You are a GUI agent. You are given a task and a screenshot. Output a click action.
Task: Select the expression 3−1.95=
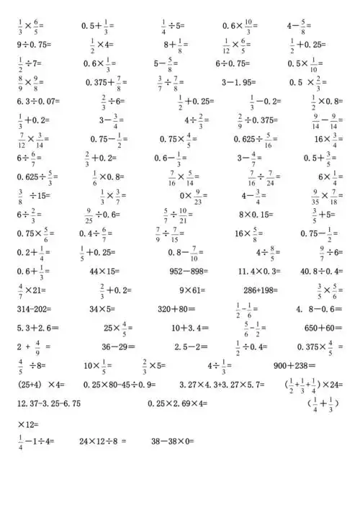[240, 81]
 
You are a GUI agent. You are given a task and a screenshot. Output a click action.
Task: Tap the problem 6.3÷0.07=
[37, 102]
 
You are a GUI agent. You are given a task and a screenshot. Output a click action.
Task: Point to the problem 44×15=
[104, 271]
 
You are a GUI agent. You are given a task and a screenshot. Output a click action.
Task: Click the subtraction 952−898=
[188, 271]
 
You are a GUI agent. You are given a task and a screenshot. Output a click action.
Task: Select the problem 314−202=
[34, 308]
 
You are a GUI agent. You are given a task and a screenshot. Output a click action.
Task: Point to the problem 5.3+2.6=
[34, 328]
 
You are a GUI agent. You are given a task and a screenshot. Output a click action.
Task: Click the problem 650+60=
[323, 328]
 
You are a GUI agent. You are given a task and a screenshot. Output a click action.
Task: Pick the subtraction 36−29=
[117, 346]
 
